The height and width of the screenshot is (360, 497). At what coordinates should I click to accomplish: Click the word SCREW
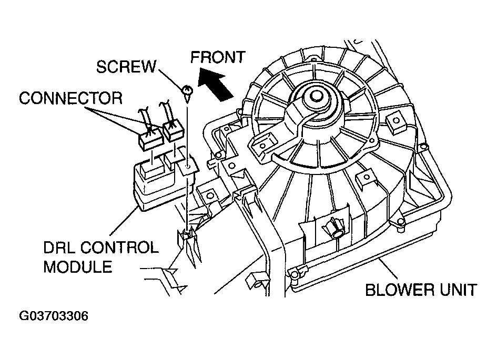click(x=127, y=67)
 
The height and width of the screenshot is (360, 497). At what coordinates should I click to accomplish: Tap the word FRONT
click(x=218, y=57)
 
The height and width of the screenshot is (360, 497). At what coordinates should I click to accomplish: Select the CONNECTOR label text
click(x=70, y=98)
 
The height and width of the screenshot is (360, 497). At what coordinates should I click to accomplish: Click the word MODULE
click(x=78, y=266)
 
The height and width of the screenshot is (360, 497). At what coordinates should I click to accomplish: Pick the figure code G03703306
click(x=54, y=317)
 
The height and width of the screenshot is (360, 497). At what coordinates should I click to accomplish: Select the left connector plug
click(x=150, y=136)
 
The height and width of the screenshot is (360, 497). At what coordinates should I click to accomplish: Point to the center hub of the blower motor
click(x=316, y=96)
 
